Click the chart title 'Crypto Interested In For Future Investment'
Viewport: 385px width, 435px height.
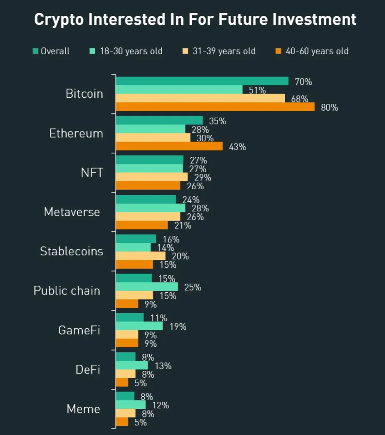point(195,20)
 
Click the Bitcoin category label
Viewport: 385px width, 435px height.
point(84,94)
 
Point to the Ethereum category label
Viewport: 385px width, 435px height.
point(76,133)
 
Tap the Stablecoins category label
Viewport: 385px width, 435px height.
point(72,251)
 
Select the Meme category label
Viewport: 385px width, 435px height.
point(83,409)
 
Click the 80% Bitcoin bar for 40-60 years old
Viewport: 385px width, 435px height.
point(215,107)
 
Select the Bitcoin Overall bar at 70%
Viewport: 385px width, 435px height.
point(202,81)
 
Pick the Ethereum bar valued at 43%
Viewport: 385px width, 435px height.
point(169,146)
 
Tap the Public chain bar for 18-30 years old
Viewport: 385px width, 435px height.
point(147,287)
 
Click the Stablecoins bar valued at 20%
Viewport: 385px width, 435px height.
point(141,256)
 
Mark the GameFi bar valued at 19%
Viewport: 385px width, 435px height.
point(139,326)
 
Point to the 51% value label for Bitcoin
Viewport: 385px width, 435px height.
point(257,90)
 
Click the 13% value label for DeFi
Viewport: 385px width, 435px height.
point(163,366)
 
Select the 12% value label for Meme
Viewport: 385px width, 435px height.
point(160,405)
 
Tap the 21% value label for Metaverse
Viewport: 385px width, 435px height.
point(183,225)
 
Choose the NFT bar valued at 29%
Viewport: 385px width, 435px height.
point(152,177)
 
